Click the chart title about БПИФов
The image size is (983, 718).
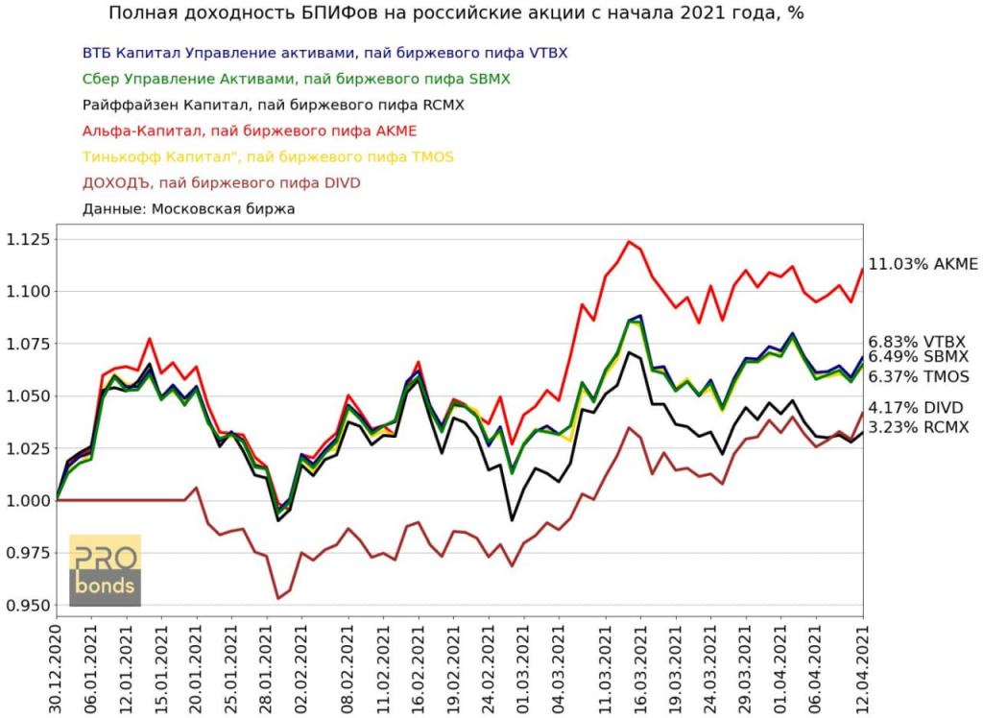(x=456, y=13)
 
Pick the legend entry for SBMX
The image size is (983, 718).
(x=297, y=79)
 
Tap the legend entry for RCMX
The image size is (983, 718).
(x=274, y=105)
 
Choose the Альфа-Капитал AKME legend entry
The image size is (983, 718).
(x=250, y=131)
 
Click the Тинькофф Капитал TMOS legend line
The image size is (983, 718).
(x=268, y=156)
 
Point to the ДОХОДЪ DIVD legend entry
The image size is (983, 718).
(x=222, y=182)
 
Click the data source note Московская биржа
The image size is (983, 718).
(x=189, y=208)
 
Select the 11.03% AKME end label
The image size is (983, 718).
(x=923, y=264)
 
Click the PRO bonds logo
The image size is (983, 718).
(x=106, y=570)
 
